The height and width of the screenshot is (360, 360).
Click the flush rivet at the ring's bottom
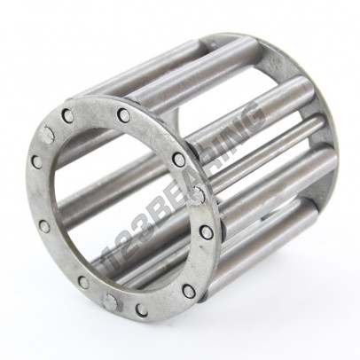(111, 302)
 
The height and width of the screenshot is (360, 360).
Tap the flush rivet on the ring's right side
(198, 195)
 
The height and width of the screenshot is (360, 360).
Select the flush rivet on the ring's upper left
(48, 135)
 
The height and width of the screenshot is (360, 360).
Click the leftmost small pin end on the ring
(36, 162)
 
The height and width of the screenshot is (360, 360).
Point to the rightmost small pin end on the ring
(207, 232)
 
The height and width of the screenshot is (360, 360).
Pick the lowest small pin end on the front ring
(141, 310)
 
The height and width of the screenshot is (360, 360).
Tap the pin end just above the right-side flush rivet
(179, 160)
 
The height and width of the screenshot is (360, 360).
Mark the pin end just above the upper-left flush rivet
(67, 115)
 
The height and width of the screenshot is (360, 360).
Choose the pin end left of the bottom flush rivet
(82, 283)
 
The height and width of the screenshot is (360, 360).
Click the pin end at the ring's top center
(123, 115)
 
